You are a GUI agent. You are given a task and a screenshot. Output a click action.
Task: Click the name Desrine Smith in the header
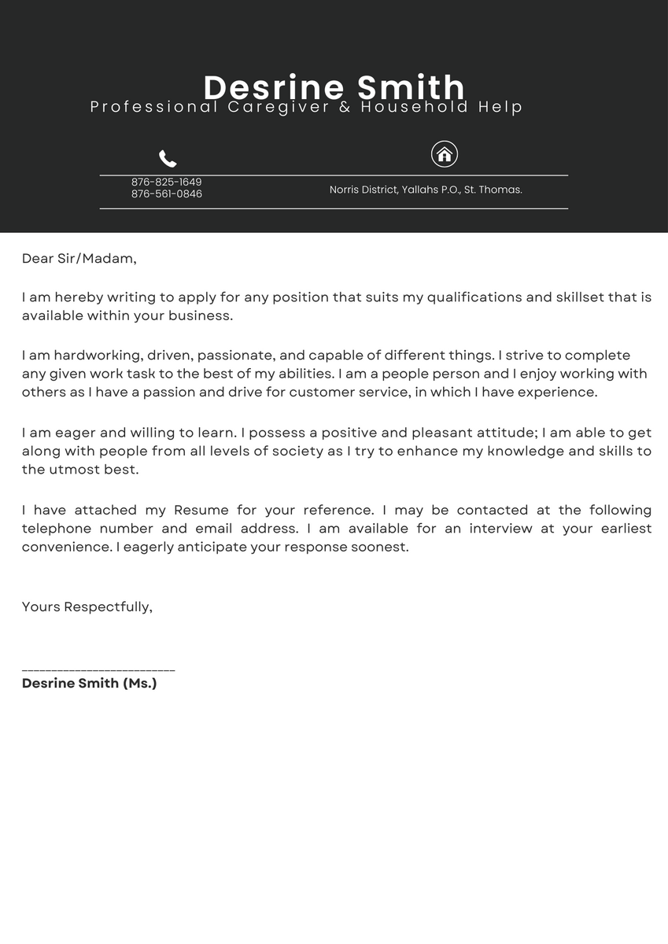click(334, 87)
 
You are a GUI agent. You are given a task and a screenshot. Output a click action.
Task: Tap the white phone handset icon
click(168, 159)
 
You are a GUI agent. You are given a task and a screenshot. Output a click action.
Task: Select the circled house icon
click(445, 154)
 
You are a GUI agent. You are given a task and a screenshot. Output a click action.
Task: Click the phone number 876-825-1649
click(167, 182)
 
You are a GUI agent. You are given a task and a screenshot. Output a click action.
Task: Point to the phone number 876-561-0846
click(167, 194)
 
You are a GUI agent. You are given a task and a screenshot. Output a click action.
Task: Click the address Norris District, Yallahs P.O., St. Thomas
click(426, 190)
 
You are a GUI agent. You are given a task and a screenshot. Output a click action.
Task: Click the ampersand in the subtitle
click(345, 107)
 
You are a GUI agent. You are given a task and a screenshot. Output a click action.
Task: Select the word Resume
click(201, 510)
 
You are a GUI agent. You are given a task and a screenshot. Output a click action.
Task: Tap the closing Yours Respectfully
click(87, 607)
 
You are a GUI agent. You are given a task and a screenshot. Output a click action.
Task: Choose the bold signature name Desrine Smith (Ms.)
click(90, 684)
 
